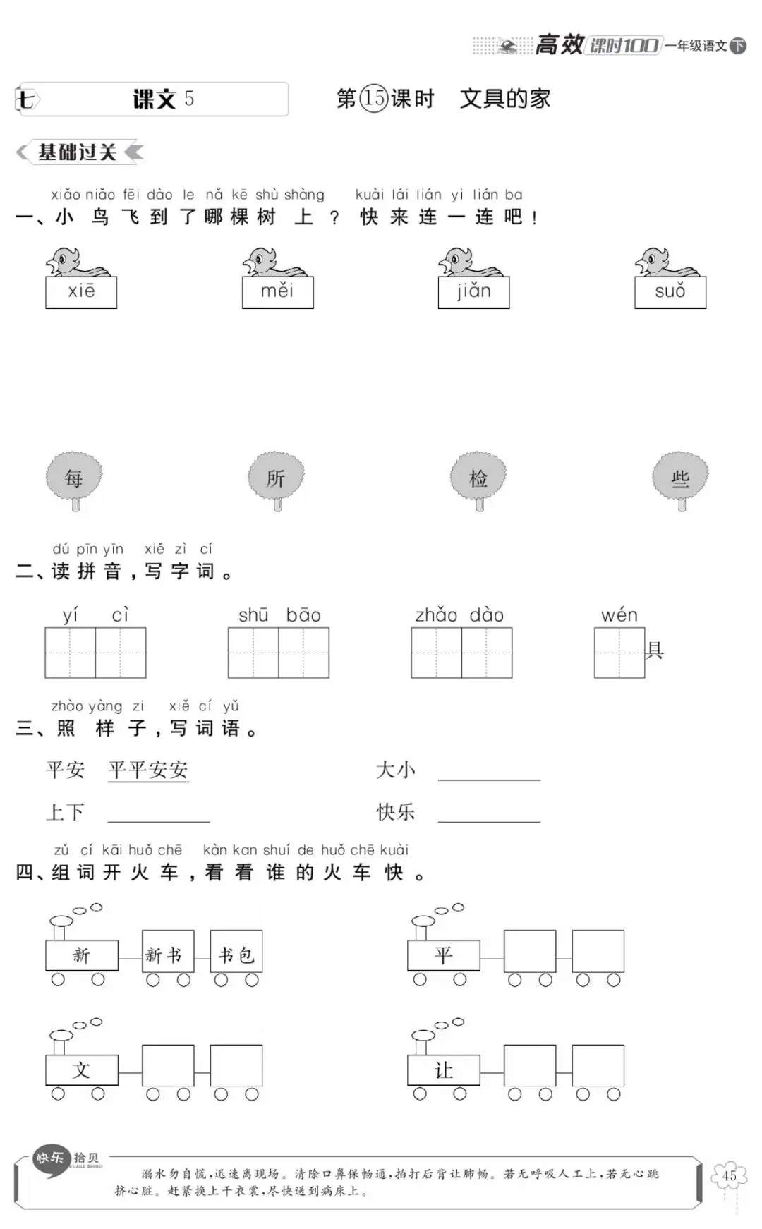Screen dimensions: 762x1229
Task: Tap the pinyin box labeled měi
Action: tap(277, 292)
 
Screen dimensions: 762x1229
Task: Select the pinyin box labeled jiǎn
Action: tap(473, 292)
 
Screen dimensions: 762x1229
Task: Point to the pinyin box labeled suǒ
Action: tap(670, 292)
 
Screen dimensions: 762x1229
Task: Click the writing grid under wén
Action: tap(619, 653)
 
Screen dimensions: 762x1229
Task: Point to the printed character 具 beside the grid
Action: tap(655, 650)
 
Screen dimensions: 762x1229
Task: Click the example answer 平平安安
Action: tap(148, 770)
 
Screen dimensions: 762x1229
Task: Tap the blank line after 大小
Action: tap(489, 773)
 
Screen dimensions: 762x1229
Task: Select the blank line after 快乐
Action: tap(489, 814)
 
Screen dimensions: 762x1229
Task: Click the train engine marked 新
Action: tap(81, 955)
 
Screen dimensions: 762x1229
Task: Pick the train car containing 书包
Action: tap(236, 955)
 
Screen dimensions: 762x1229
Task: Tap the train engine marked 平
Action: tap(443, 955)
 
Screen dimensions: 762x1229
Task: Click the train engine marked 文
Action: tap(81, 1070)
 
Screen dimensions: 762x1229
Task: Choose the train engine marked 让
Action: tap(443, 1070)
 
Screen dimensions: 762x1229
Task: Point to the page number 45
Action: tap(730, 1176)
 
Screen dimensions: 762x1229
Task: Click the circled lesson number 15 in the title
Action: tap(374, 98)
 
